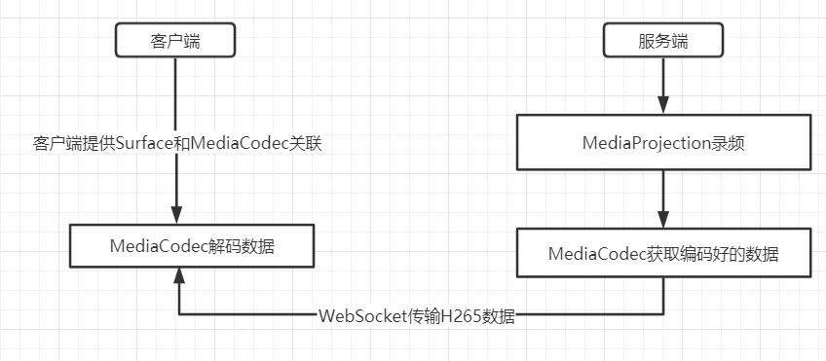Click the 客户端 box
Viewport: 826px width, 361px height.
176,41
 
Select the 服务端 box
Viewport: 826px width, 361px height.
663,41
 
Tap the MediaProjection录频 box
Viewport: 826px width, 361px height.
663,142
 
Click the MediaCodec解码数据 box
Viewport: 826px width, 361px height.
192,246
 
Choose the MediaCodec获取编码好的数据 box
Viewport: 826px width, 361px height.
663,254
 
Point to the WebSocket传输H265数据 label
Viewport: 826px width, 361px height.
416,316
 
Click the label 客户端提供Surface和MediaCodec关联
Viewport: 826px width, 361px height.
177,143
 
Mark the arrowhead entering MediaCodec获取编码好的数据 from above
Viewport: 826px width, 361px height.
663,220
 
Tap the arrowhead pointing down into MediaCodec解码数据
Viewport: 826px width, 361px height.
176,215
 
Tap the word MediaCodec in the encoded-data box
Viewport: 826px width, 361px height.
597,254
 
